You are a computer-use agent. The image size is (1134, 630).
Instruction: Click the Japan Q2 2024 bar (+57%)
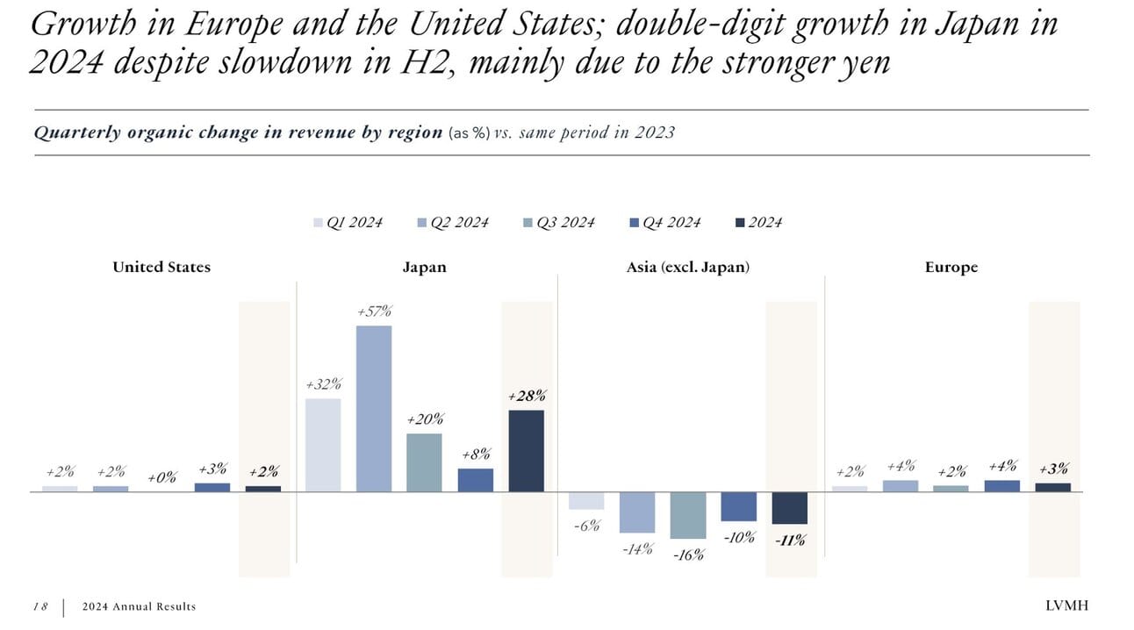coord(373,408)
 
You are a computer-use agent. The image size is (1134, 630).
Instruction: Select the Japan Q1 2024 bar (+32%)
coord(322,445)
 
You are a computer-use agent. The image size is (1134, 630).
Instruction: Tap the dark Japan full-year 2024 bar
coord(526,450)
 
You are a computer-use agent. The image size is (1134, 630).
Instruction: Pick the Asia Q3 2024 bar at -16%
coord(687,515)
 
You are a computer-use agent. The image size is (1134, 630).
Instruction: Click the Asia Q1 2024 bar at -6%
coord(585,500)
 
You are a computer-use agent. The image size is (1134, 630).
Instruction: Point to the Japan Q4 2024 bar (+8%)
coord(475,480)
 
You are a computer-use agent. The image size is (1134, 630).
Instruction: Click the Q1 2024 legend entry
coord(348,223)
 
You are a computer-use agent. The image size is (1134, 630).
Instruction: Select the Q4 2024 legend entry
coord(665,223)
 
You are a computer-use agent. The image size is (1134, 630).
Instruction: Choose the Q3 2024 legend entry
coord(558,223)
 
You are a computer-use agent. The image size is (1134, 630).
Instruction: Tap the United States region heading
coord(161,268)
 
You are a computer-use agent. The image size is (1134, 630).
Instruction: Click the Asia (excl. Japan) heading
coord(688,268)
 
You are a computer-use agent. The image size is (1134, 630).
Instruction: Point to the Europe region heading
coord(951,268)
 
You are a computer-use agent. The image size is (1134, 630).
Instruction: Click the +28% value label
coord(527,397)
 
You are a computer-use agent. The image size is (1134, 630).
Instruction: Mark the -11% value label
coord(790,541)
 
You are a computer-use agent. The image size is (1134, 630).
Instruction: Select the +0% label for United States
coord(161,478)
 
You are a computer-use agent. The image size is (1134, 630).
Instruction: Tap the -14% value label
coord(636,550)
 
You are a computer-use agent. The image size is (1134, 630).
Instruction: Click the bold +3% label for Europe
coord(1052,469)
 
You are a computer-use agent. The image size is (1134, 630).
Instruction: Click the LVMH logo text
coord(1066,606)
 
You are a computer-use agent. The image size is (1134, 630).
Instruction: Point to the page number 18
coord(40,606)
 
